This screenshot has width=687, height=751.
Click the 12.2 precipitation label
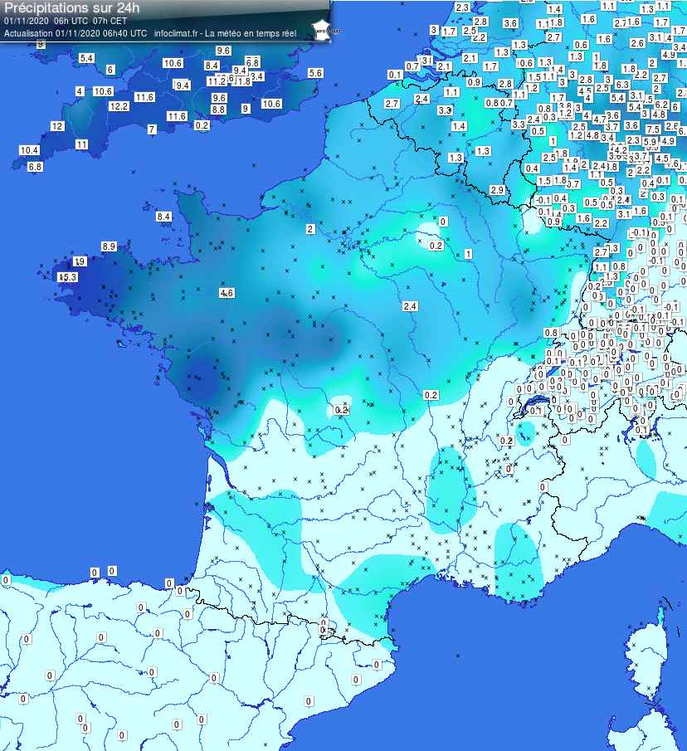pyautogui.click(x=119, y=106)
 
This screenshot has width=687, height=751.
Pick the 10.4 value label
pyautogui.click(x=29, y=150)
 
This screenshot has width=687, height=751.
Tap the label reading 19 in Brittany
pyautogui.click(x=80, y=261)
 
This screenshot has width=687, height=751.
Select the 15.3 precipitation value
pyautogui.click(x=67, y=276)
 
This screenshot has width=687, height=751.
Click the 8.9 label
pyautogui.click(x=109, y=246)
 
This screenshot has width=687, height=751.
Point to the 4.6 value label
pyautogui.click(x=227, y=293)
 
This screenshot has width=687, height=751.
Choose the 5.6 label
pyautogui.click(x=315, y=73)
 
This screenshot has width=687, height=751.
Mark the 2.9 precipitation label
pyautogui.click(x=497, y=191)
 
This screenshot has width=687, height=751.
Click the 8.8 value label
pyautogui.click(x=219, y=109)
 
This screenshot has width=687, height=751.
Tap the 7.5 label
pyautogui.click(x=652, y=129)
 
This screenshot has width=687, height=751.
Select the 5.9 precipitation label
pyautogui.click(x=650, y=142)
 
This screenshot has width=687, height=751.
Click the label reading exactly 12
pyautogui.click(x=57, y=126)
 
